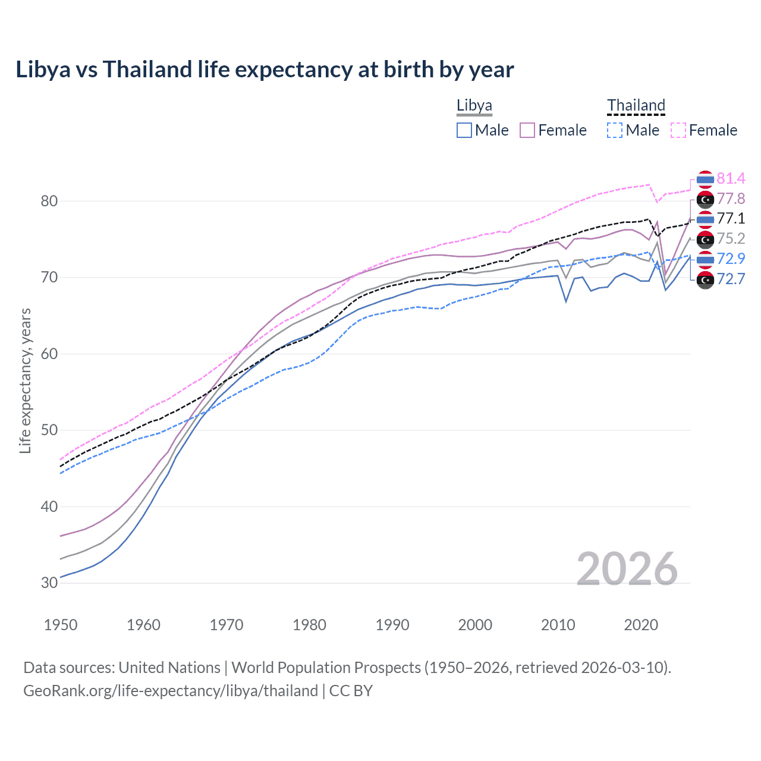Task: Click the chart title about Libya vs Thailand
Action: point(265,70)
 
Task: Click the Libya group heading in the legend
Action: point(474,106)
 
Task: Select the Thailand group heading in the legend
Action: point(636,106)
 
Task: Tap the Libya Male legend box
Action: point(464,130)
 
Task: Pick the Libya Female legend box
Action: point(527,130)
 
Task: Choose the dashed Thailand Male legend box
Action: point(615,130)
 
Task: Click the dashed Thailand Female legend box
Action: point(678,130)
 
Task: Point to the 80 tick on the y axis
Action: point(49,201)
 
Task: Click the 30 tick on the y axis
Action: point(49,583)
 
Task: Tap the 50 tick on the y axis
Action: point(49,430)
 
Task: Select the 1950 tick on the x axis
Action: point(61,625)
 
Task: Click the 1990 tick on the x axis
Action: point(392,625)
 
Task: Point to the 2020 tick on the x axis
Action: point(641,625)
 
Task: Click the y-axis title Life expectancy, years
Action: point(25,380)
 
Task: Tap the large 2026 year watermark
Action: point(627,569)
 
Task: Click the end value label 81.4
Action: point(731,178)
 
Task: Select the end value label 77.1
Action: point(731,218)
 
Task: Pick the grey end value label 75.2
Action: point(731,238)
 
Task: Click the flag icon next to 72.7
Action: point(705,279)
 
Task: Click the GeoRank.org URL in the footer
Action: point(171,691)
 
